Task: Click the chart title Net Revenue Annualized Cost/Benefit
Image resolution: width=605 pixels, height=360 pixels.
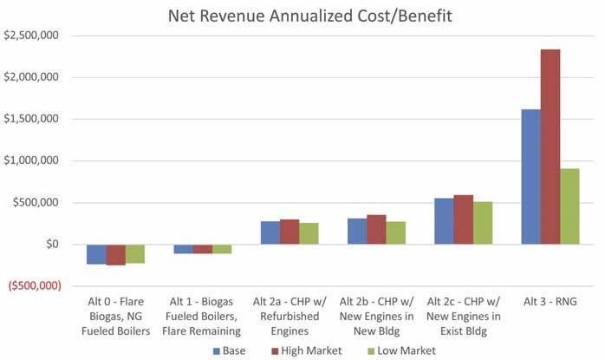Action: coord(303,15)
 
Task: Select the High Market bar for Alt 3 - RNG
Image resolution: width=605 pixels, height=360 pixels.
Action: coord(550,147)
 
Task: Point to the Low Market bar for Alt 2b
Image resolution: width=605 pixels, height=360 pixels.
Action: coord(396,232)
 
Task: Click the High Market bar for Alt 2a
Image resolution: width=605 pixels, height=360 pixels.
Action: coord(289,232)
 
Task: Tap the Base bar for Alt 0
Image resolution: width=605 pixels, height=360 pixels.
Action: coord(96,253)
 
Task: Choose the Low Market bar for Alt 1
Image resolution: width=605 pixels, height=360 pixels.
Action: coord(222,249)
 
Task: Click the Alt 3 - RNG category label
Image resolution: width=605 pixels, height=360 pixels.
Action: coord(550,302)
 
